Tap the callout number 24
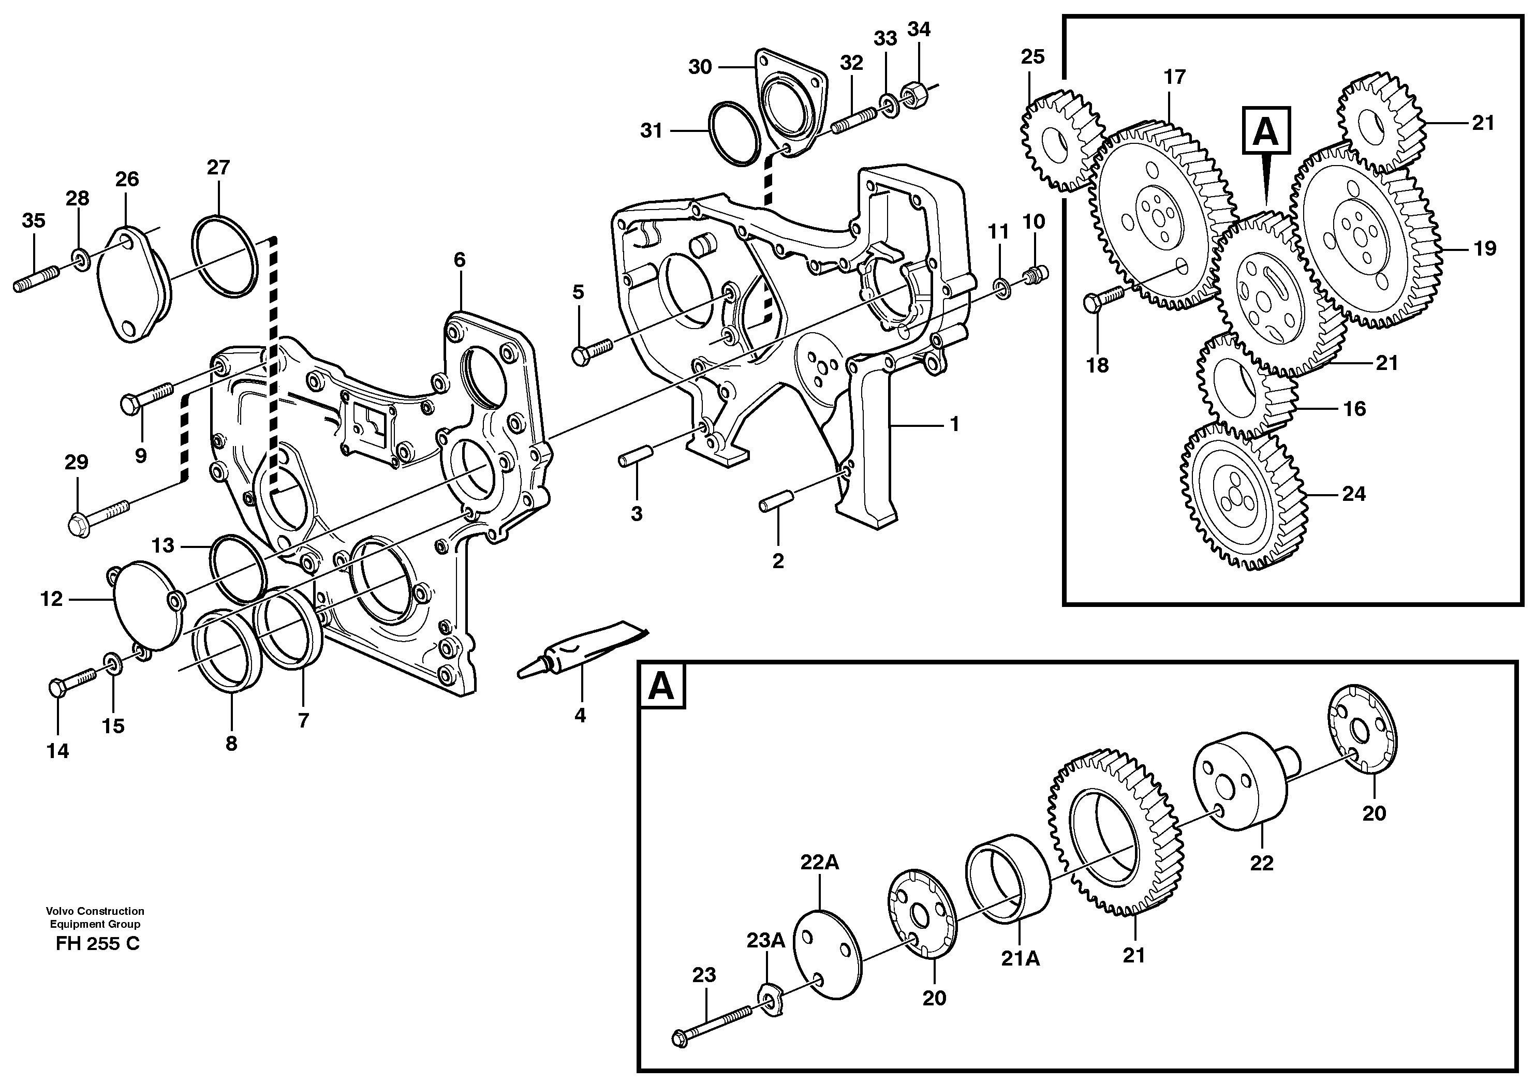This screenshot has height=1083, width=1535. pyautogui.click(x=1354, y=494)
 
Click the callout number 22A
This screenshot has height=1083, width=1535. pyautogui.click(x=820, y=863)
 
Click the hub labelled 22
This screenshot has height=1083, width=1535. pyautogui.click(x=1240, y=783)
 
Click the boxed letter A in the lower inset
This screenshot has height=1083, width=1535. pyautogui.click(x=662, y=687)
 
